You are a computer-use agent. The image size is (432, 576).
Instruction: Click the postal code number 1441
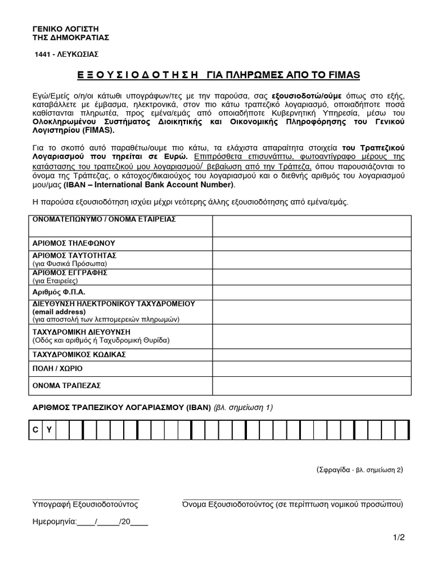click(45, 54)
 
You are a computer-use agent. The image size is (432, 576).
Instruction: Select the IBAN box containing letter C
click(35, 430)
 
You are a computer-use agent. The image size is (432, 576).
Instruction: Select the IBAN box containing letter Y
click(49, 430)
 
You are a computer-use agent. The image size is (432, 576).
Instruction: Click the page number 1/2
click(398, 538)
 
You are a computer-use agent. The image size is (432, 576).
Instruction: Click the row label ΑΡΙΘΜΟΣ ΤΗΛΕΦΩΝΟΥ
click(74, 244)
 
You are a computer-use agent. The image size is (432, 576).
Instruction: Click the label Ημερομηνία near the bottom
click(53, 521)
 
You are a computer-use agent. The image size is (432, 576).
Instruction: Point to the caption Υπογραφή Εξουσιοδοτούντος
click(85, 504)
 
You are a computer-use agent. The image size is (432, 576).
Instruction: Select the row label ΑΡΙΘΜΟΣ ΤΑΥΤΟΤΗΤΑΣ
click(74, 255)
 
